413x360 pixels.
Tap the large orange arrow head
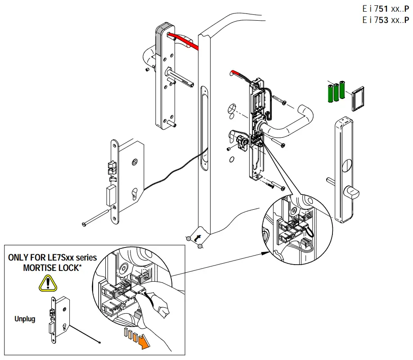(144, 344)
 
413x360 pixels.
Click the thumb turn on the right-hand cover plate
(353, 193)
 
